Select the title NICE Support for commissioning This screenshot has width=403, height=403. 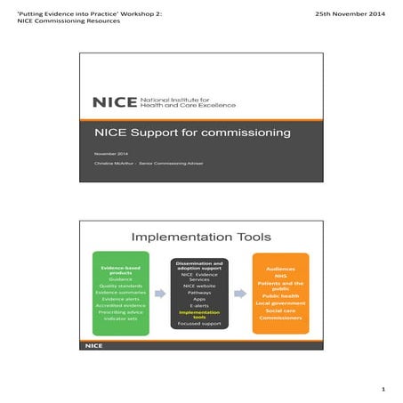click(x=193, y=133)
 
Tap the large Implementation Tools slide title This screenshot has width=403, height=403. click(x=202, y=237)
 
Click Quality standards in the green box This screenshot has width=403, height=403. click(x=120, y=286)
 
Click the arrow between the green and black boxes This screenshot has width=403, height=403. click(x=160, y=293)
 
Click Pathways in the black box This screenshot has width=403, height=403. click(x=200, y=292)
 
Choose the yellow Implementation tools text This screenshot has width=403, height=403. click(x=200, y=315)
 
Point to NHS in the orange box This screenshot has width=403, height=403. click(x=280, y=276)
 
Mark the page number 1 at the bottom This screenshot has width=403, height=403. click(x=383, y=389)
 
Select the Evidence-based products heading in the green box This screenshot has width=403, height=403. click(x=120, y=270)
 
